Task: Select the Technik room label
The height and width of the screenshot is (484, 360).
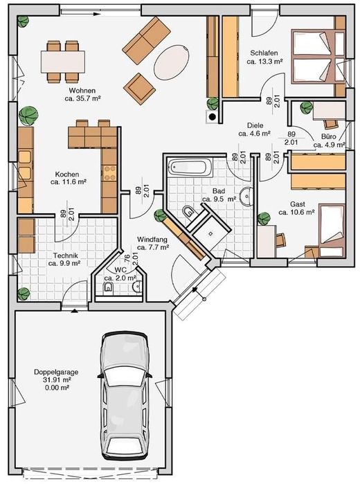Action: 62,259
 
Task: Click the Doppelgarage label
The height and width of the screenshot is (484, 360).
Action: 56,372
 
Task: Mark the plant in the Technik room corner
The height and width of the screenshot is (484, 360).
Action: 24,294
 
